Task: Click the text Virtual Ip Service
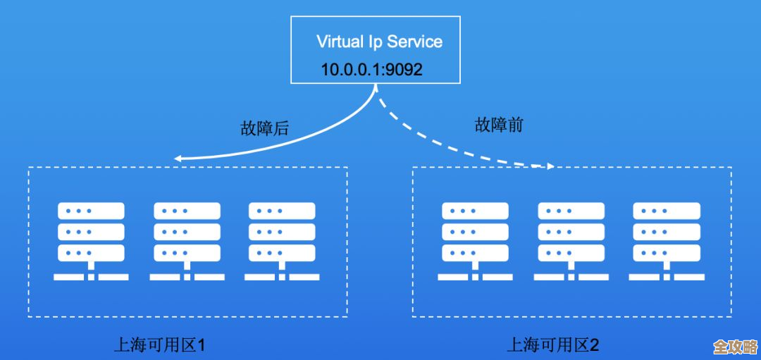tap(379, 41)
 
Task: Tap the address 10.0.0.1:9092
tap(371, 70)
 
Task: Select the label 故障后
tap(264, 129)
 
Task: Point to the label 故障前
tap(499, 126)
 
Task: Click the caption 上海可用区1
tap(159, 345)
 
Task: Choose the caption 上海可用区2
tap(553, 345)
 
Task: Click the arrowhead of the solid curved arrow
tap(178, 159)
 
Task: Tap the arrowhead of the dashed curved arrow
tap(550, 166)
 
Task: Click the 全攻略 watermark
tap(734, 347)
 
